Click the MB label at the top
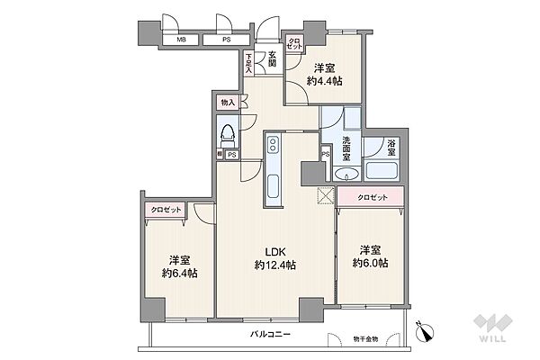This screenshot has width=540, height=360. pos(182,40)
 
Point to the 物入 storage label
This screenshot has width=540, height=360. pos(228,103)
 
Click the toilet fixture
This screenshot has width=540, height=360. pos(229,138)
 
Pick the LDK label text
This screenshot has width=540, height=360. pos(274,251)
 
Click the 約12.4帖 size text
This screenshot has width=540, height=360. pos(274,265)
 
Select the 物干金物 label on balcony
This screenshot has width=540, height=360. pos(367,338)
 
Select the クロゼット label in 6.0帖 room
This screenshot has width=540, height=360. pos(371,196)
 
